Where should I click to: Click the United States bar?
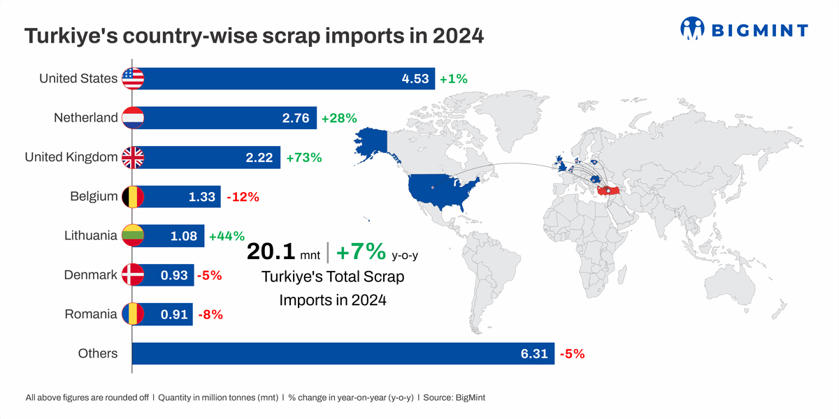coord(280,78)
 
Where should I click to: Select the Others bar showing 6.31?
coord(343,353)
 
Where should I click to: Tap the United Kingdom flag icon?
coord(133,157)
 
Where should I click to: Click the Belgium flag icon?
coord(133,197)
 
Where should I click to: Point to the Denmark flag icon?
coord(133,275)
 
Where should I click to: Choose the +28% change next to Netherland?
coord(339,118)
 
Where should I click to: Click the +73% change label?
coord(304,158)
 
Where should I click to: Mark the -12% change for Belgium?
coord(243,197)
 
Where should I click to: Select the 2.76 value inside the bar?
coord(296,118)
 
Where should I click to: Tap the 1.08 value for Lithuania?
coord(184,236)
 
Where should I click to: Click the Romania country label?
coord(91,314)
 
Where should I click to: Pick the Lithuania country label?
coord(91,236)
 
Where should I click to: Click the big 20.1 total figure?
coord(271,251)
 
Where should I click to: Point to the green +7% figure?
coord(361,251)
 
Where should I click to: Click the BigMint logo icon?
coord(692,29)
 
